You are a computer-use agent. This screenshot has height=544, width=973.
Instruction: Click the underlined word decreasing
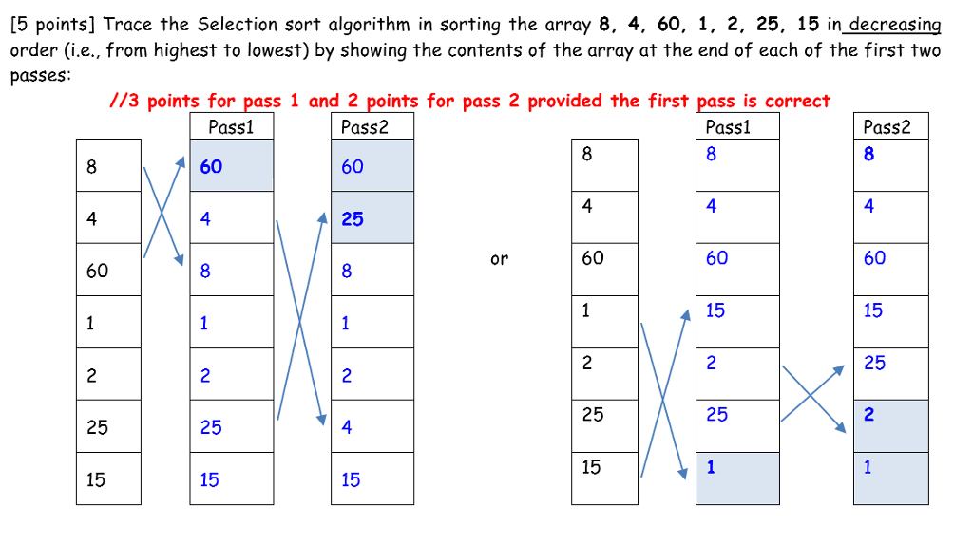tap(894, 25)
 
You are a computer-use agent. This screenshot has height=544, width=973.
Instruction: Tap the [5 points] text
tap(54, 25)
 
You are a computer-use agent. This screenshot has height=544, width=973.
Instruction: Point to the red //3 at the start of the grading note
tap(125, 101)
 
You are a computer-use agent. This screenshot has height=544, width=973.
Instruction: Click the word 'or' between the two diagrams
tap(499, 258)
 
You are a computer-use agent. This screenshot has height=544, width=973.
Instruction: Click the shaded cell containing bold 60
tap(231, 166)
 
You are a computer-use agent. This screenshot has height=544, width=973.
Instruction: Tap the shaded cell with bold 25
tap(372, 218)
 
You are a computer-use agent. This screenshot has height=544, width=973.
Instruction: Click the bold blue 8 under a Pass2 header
tap(868, 154)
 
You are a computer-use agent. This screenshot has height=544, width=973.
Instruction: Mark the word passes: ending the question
tap(40, 76)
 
